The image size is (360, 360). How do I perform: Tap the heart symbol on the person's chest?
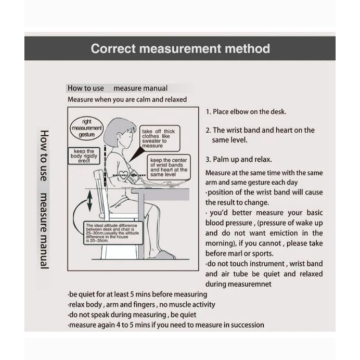(124, 173)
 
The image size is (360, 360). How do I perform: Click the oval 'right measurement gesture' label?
(87, 127)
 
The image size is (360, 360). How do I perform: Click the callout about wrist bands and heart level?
(168, 167)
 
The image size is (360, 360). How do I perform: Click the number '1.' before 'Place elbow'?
(208, 112)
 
